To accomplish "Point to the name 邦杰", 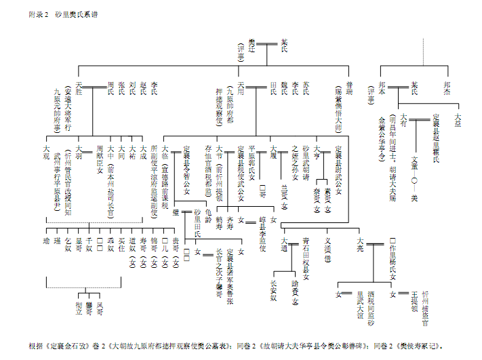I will point(446,87).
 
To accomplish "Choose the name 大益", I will point(458,119).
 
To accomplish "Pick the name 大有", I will point(404,120).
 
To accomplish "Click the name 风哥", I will point(100,308).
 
